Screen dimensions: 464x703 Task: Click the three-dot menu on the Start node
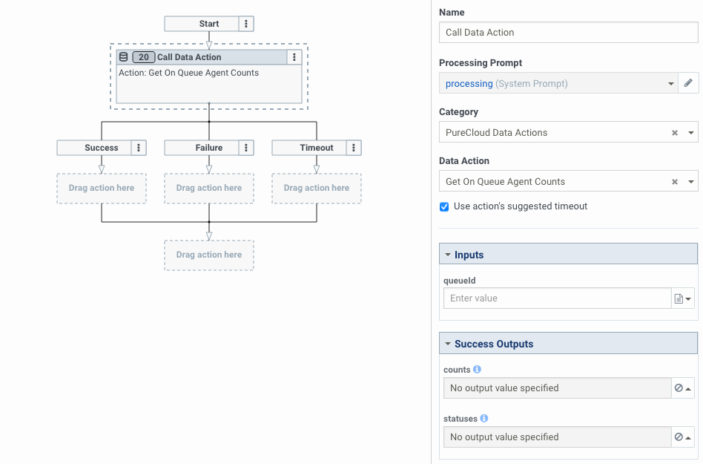click(x=247, y=24)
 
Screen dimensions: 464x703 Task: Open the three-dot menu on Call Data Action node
click(x=294, y=57)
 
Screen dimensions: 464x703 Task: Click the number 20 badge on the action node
click(x=143, y=57)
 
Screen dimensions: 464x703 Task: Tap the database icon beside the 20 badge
click(x=124, y=57)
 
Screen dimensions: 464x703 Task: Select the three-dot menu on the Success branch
click(x=139, y=148)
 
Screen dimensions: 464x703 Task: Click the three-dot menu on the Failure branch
click(x=246, y=148)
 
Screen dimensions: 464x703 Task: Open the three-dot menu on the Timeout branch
click(x=354, y=148)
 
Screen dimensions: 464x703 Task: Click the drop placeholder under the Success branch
click(x=102, y=189)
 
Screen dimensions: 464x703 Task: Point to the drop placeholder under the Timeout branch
click(x=317, y=189)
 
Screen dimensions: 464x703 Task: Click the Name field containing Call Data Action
click(x=568, y=33)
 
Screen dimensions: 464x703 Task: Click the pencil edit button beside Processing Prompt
click(x=688, y=83)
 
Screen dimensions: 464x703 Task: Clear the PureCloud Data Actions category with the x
click(x=675, y=133)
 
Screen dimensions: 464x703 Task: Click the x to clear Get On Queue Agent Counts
click(x=675, y=182)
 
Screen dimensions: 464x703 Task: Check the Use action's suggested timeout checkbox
click(x=444, y=206)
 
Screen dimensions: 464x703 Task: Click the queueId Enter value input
click(x=556, y=298)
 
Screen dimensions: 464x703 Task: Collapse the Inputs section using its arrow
click(x=448, y=255)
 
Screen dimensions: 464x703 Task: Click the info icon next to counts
click(x=477, y=369)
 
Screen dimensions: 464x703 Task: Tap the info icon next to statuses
click(x=484, y=418)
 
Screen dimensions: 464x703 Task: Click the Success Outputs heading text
click(x=494, y=344)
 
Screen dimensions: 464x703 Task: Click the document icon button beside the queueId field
click(x=682, y=298)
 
